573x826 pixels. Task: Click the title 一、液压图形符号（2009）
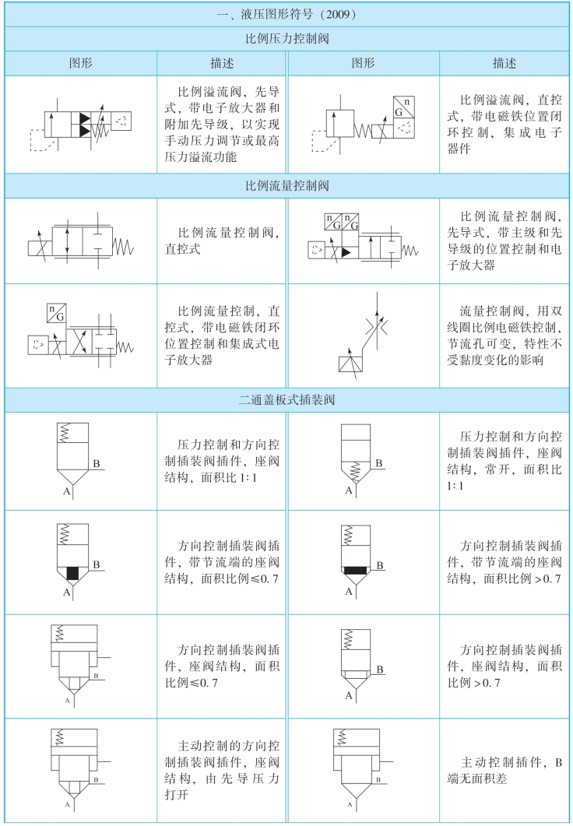point(286,13)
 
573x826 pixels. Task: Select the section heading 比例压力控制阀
point(286,37)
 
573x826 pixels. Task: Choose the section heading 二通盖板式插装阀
point(286,400)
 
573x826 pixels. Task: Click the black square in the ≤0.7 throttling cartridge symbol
point(73,573)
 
